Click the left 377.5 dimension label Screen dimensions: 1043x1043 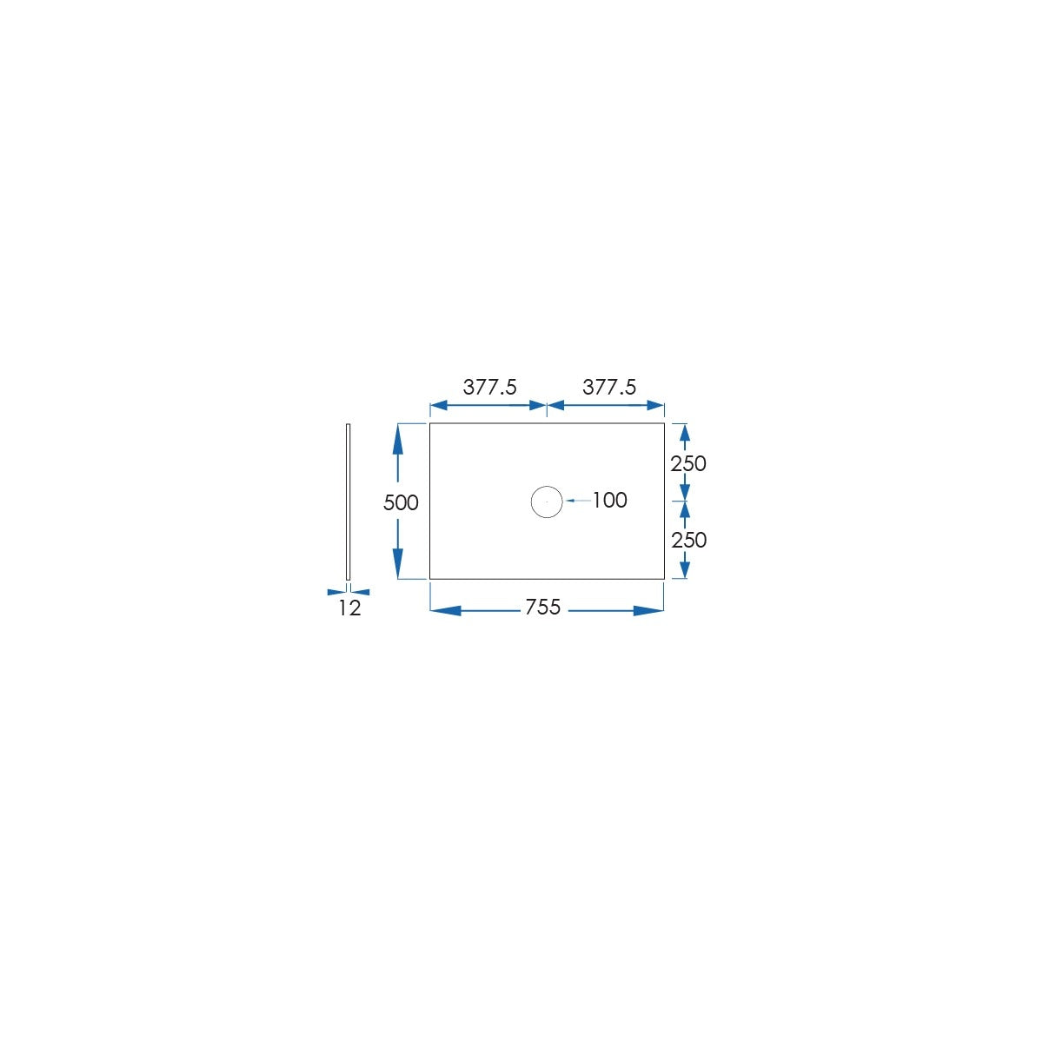[x=489, y=387]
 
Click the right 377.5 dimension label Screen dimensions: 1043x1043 [x=609, y=387]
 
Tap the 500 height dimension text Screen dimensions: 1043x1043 [x=401, y=503]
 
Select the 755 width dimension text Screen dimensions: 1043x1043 [x=543, y=607]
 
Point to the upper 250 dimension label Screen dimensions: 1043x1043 [x=688, y=463]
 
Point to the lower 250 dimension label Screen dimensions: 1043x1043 [x=689, y=540]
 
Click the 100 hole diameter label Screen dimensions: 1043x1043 [x=610, y=500]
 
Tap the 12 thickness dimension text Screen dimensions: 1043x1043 [x=349, y=608]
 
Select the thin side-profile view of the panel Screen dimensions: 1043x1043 [x=348, y=502]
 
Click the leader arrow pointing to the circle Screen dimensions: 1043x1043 [x=579, y=502]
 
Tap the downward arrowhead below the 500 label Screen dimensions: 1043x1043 [x=398, y=563]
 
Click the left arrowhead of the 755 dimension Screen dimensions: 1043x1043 [x=446, y=611]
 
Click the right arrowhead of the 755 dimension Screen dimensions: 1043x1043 [x=648, y=611]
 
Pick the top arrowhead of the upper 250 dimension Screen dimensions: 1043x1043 [x=684, y=434]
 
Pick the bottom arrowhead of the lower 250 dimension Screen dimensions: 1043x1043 [x=684, y=568]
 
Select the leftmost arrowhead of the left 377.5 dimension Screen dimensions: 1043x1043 [x=439, y=406]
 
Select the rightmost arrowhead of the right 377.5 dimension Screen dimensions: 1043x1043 [x=655, y=406]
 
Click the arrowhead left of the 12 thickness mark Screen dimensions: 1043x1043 [x=336, y=592]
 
